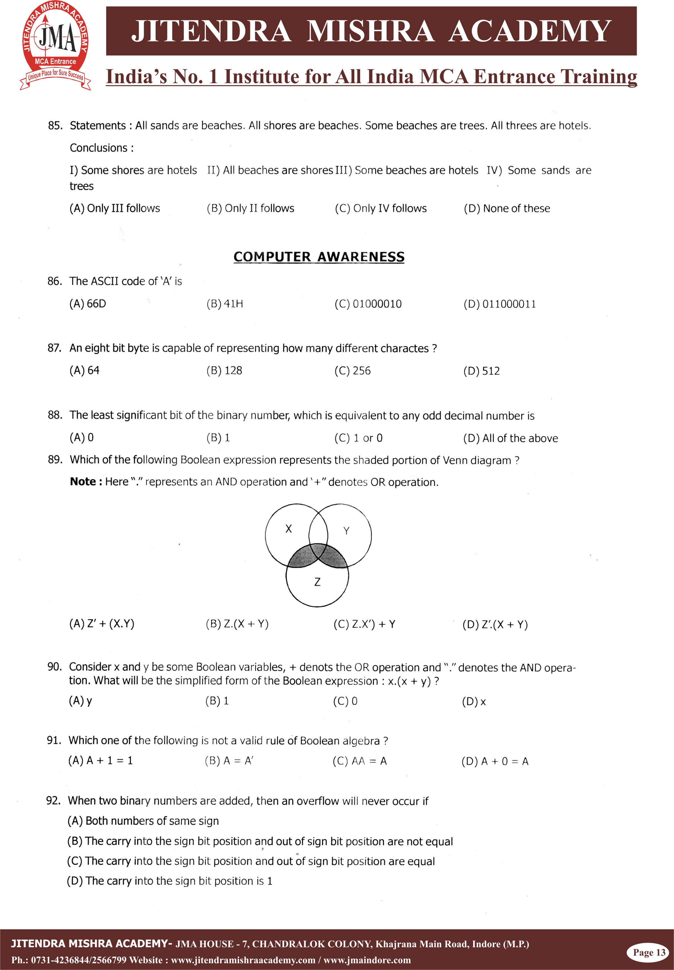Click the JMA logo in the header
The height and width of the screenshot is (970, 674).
(x=55, y=45)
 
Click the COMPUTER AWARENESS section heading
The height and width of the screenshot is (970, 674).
(x=319, y=257)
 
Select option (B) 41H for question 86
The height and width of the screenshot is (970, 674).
(x=225, y=304)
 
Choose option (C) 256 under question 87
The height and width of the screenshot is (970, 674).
(x=353, y=371)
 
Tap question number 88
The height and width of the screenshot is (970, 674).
(x=55, y=415)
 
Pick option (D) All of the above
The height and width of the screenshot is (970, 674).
(x=510, y=438)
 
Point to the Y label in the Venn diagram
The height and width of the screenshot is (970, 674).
(x=346, y=531)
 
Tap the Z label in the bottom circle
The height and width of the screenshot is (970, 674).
(x=317, y=582)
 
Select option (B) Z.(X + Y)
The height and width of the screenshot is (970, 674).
(x=237, y=624)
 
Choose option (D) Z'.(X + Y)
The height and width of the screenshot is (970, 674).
(x=495, y=625)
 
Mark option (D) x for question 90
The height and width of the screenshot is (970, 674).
(x=474, y=702)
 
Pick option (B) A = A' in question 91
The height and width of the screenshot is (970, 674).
(x=229, y=761)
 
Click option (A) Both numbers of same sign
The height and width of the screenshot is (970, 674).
(x=143, y=821)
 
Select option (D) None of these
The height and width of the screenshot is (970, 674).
(x=507, y=208)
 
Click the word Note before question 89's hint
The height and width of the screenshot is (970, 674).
(x=83, y=482)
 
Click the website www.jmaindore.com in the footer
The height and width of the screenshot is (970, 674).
(x=367, y=960)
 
